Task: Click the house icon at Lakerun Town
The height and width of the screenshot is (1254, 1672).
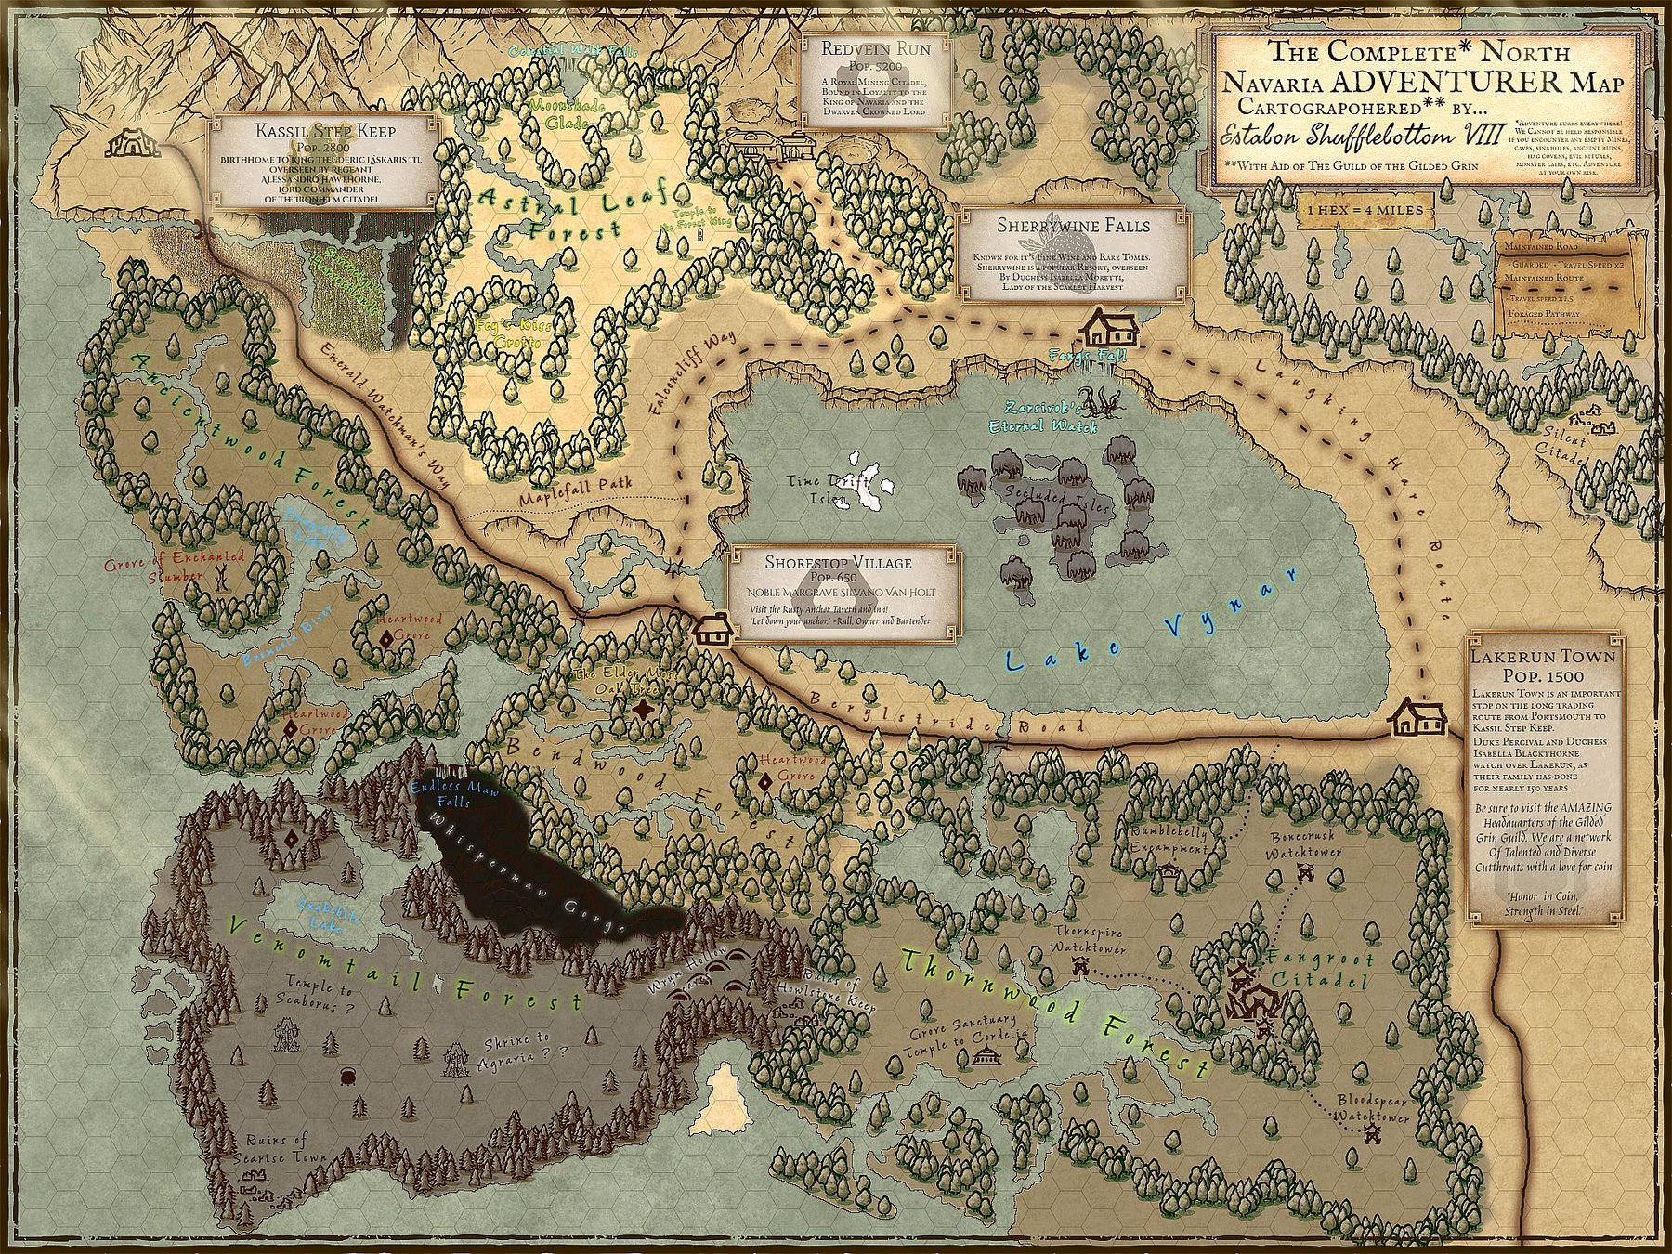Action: coord(1417,716)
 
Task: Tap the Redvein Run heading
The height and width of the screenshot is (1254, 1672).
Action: coord(875,49)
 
